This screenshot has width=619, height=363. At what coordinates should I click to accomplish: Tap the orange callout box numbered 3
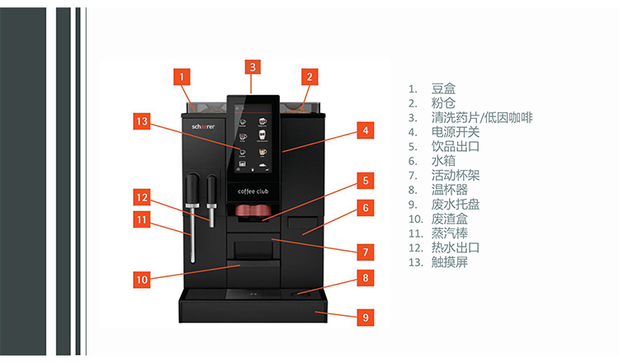tap(253, 67)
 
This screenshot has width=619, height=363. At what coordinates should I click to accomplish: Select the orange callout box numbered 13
tap(143, 121)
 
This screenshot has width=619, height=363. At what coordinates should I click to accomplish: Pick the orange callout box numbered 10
tap(143, 280)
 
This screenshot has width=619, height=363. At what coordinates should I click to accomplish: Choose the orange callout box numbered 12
tap(143, 197)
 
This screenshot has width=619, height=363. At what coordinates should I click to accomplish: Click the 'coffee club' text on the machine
tap(254, 191)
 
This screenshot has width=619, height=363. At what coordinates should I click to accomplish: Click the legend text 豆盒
tap(443, 88)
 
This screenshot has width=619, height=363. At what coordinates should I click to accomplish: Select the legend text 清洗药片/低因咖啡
tap(481, 117)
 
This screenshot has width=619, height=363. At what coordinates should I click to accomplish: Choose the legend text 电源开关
tap(455, 132)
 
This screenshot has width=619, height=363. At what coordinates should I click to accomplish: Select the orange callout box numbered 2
tap(309, 77)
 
